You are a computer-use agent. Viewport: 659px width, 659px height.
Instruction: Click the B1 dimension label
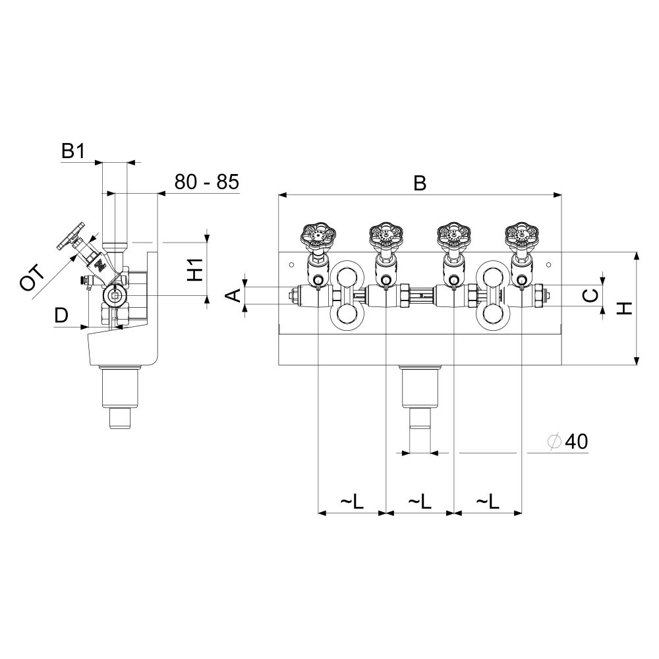73,151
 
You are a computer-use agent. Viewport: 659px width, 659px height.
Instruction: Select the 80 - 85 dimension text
207,182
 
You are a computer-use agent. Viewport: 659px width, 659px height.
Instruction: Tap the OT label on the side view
32,277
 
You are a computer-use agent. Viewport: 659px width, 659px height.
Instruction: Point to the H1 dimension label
195,270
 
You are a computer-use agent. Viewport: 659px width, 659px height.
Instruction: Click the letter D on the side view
61,315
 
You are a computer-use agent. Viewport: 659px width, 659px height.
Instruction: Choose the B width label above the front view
420,183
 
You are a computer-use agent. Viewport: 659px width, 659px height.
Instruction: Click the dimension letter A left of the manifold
235,295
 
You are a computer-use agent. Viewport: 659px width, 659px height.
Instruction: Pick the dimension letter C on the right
591,295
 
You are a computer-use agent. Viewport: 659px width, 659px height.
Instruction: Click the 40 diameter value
576,442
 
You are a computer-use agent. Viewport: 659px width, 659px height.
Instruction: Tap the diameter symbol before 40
555,442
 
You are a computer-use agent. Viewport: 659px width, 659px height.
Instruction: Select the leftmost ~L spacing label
352,501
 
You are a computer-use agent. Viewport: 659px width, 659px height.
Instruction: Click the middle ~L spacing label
420,501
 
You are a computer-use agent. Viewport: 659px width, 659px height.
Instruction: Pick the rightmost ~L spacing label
488,501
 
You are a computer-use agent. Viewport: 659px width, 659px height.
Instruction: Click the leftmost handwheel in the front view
318,237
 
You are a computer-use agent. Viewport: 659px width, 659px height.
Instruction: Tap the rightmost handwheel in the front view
521,236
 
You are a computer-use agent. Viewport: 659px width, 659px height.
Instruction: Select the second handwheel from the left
386,236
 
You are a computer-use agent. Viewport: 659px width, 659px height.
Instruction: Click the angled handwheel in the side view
71,236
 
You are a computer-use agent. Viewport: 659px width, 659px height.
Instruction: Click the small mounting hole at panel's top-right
548,265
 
